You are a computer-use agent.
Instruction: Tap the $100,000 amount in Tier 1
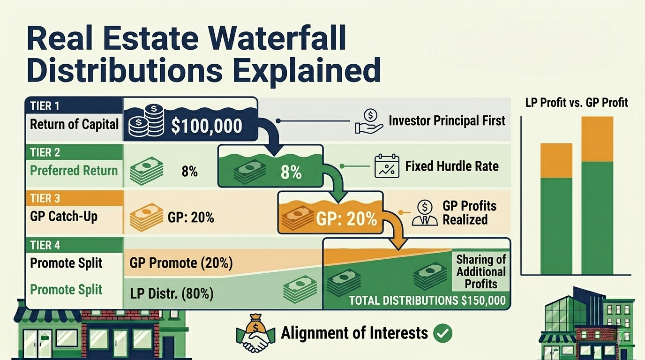(206, 125)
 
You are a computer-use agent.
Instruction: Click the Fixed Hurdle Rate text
(452, 166)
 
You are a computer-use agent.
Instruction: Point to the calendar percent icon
(387, 166)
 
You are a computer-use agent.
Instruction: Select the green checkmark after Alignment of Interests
(442, 333)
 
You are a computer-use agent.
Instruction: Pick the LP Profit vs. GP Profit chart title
(577, 103)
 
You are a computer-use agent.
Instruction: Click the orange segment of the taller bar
(597, 139)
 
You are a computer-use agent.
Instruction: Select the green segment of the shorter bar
(556, 226)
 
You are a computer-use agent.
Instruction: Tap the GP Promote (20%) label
(181, 263)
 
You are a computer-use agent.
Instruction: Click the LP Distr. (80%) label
(172, 294)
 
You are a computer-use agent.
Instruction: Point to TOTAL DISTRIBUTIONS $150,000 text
(427, 300)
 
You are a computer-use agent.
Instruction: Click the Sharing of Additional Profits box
(481, 272)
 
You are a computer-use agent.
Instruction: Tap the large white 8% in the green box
(291, 172)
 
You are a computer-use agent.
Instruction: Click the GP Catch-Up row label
(64, 217)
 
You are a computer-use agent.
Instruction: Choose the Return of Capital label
(74, 124)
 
